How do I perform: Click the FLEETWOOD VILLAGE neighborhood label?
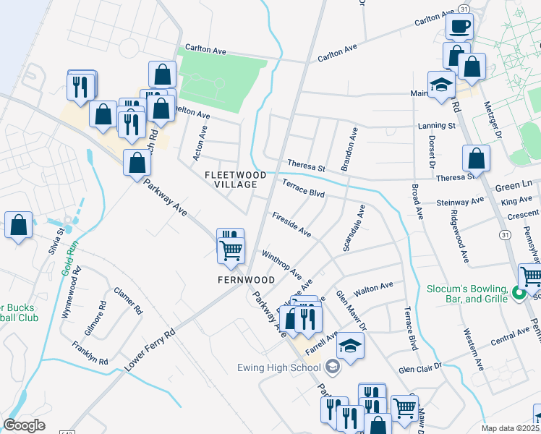click(x=231, y=179)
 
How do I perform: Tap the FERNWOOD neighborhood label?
click(x=247, y=279)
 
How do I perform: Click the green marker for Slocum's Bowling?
click(x=517, y=293)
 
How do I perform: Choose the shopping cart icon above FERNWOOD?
click(x=231, y=250)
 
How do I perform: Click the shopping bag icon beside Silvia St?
click(x=19, y=225)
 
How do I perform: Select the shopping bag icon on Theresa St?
click(x=476, y=159)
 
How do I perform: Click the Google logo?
click(x=24, y=425)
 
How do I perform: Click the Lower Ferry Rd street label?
click(x=150, y=350)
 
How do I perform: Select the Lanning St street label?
click(x=436, y=126)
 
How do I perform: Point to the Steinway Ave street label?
click(x=459, y=203)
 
